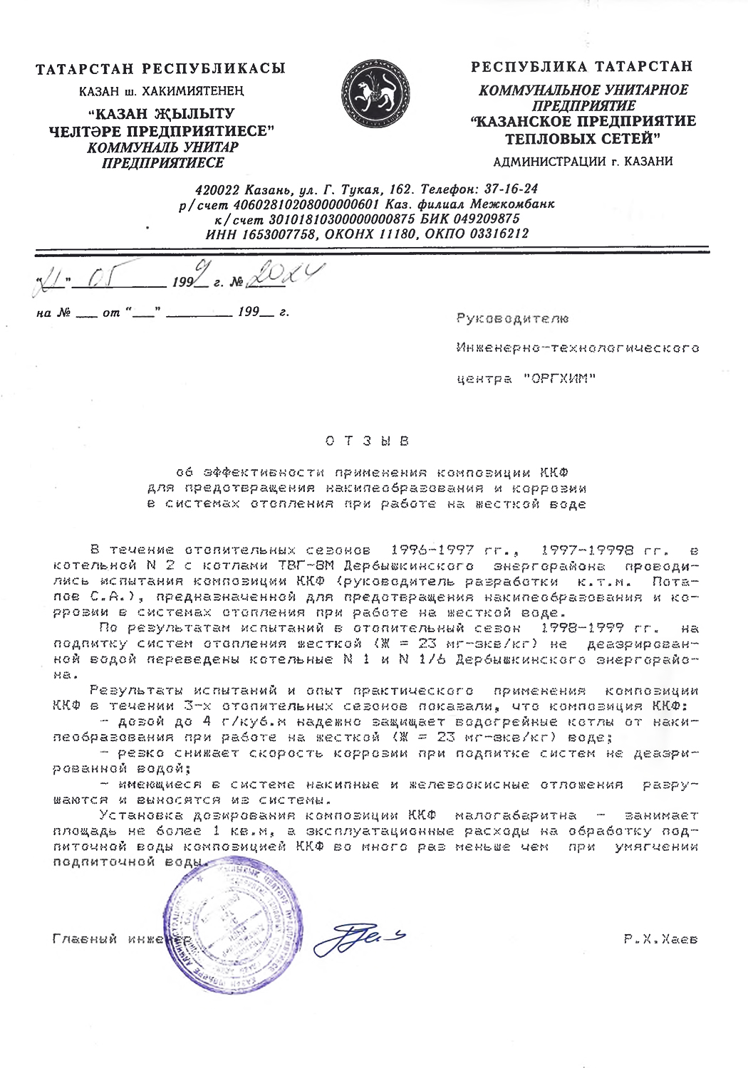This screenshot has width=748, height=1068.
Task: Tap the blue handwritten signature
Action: tap(360, 938)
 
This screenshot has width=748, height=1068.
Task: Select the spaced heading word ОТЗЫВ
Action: tap(368, 441)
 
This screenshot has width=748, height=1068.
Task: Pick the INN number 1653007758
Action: tap(279, 234)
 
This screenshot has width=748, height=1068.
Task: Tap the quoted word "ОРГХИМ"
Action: tap(559, 379)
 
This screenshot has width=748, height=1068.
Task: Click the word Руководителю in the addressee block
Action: tap(512, 318)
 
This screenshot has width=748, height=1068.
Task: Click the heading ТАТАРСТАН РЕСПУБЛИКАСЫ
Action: tap(161, 69)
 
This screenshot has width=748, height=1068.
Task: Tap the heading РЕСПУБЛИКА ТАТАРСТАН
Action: tap(581, 67)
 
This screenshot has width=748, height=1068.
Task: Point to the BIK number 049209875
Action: tap(487, 219)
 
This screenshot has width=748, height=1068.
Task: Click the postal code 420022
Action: tap(217, 189)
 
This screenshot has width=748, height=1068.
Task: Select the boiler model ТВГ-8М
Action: tap(308, 566)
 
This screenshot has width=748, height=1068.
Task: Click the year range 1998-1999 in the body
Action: tap(582, 628)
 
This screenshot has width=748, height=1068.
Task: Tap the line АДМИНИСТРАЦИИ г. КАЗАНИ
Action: tap(583, 161)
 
